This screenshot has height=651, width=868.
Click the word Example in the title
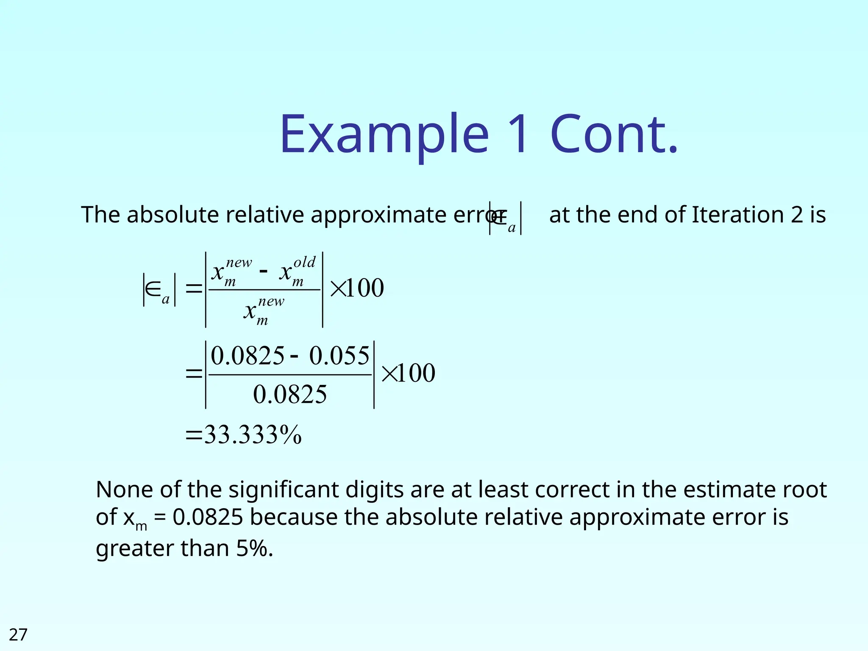(384, 135)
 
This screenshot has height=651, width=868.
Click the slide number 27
(18, 634)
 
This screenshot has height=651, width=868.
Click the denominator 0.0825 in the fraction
(290, 395)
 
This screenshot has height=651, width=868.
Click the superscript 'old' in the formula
(305, 262)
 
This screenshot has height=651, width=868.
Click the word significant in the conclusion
(284, 490)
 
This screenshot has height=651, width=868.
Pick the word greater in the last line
(134, 549)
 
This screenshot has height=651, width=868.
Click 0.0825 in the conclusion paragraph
(208, 517)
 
